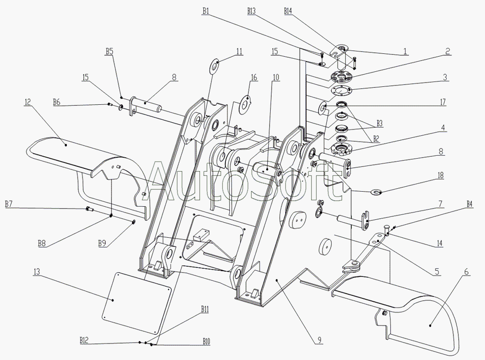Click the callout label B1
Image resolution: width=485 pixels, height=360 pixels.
tap(206, 11)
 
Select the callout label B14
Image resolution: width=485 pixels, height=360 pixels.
tap(288, 11)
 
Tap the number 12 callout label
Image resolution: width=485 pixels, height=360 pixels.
tap(28, 101)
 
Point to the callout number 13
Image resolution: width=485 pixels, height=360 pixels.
tap(36, 272)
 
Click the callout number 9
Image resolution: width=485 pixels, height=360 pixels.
tap(319, 340)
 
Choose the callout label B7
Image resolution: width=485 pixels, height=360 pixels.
tap(8, 204)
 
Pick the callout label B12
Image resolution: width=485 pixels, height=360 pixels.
tap(84, 340)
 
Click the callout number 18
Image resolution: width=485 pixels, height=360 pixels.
tap(440, 175)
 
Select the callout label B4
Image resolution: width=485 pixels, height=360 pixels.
tap(469, 204)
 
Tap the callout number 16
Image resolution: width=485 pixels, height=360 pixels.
tap(254, 77)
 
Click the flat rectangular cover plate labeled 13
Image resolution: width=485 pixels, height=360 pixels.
tap(136, 303)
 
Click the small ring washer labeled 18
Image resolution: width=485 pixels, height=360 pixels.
tap(376, 192)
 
